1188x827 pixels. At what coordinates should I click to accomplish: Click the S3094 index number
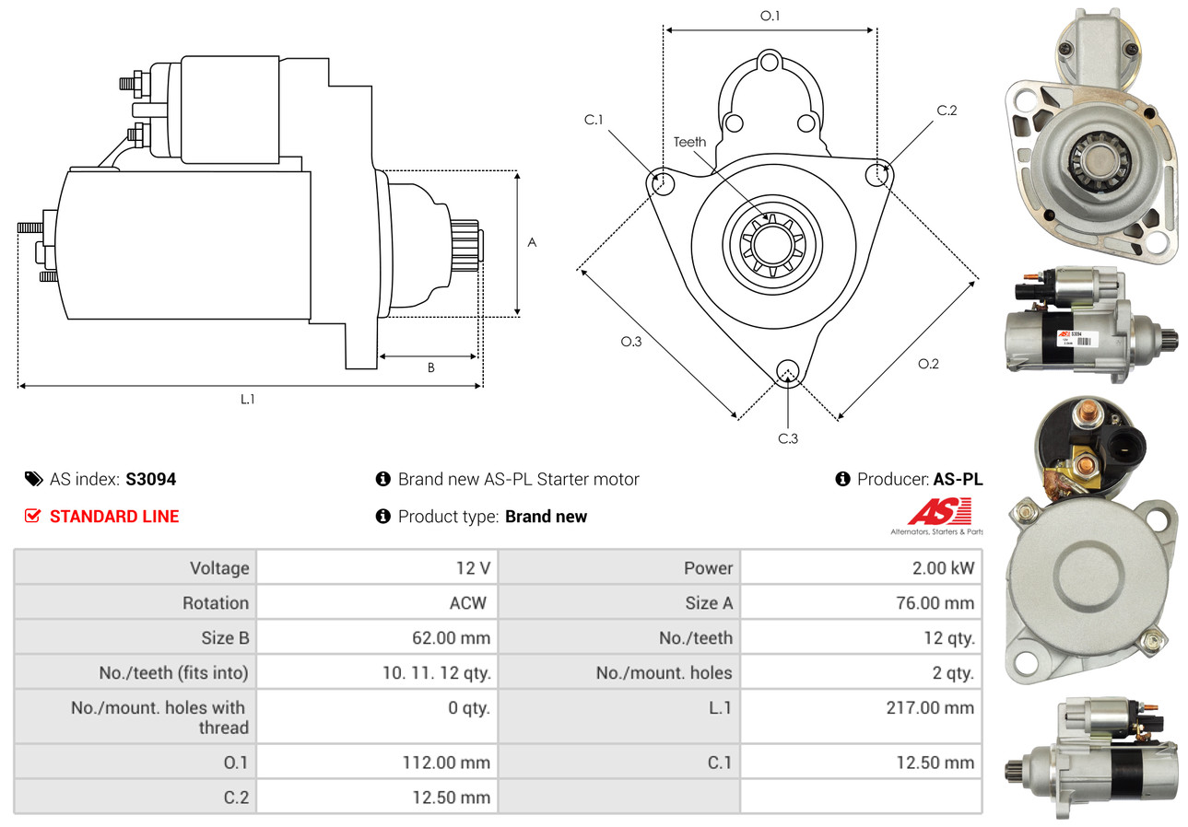(150, 479)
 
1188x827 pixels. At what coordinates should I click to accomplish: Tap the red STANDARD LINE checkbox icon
(32, 516)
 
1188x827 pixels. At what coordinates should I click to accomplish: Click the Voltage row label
(219, 567)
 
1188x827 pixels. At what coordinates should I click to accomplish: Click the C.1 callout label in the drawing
(593, 120)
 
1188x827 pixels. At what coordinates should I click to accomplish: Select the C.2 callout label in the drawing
(947, 111)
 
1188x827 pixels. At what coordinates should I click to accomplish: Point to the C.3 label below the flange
(788, 438)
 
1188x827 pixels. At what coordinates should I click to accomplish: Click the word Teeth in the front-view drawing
(689, 142)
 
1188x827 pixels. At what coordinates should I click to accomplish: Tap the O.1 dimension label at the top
(770, 16)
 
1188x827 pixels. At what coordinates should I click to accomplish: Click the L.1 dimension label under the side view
(247, 399)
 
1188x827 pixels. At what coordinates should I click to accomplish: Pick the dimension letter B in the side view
(430, 367)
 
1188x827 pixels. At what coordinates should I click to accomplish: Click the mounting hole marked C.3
(787, 371)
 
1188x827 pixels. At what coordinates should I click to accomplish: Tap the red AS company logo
(939, 512)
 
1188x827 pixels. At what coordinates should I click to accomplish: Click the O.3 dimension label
(630, 342)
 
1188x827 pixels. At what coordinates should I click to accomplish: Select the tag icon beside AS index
(33, 479)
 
